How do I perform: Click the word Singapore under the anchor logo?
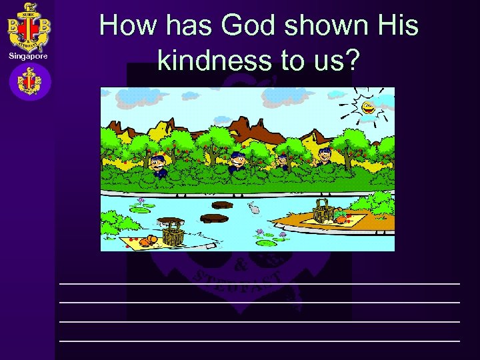[28, 56]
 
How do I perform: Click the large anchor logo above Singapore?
[29, 27]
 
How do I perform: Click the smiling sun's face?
[367, 106]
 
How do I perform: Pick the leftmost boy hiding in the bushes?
[157, 164]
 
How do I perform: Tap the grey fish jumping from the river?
[255, 209]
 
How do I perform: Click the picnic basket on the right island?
[323, 211]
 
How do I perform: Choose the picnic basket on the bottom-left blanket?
[171, 232]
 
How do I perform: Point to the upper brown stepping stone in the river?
[221, 205]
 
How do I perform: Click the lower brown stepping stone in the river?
[214, 218]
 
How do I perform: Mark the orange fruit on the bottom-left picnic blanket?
[153, 240]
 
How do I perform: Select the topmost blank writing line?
[259, 283]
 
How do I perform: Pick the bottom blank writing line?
[259, 341]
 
